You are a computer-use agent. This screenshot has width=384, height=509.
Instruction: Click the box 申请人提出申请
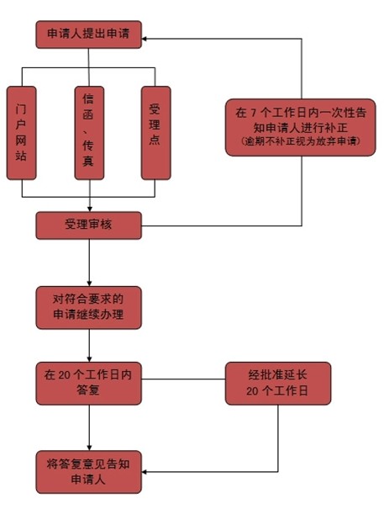[x=88, y=34]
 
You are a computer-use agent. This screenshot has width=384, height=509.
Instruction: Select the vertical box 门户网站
[x=21, y=133]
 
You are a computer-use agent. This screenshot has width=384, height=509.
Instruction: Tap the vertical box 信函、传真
[x=89, y=133]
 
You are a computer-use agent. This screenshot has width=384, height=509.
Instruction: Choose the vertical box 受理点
[x=155, y=133]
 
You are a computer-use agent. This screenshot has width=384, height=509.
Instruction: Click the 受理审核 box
[x=88, y=225]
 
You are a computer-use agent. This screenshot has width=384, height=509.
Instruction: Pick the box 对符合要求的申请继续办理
[x=88, y=307]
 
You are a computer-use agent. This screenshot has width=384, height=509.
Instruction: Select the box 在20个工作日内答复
[x=88, y=384]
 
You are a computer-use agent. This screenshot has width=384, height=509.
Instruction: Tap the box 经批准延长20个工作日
[x=278, y=384]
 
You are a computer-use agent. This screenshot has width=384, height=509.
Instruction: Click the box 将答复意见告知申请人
[x=88, y=472]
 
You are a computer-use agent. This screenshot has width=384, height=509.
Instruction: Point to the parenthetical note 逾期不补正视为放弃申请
[x=301, y=141]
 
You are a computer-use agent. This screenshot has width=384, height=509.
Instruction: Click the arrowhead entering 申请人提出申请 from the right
[x=145, y=39]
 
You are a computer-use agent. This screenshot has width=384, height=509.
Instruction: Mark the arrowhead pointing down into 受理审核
[x=90, y=209]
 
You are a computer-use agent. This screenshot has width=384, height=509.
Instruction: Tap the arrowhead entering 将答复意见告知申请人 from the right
[x=145, y=472]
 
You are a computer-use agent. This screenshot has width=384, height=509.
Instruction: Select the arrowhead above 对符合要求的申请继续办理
[x=90, y=284]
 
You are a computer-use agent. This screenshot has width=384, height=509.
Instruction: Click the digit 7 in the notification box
[x=253, y=113]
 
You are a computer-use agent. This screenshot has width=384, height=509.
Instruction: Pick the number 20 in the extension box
[x=252, y=391]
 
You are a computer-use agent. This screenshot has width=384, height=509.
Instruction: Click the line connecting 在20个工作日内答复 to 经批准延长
[x=183, y=379]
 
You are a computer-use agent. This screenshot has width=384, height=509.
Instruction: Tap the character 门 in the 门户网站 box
[x=21, y=109]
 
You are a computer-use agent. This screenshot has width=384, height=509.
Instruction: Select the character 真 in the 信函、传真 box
[x=88, y=161]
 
